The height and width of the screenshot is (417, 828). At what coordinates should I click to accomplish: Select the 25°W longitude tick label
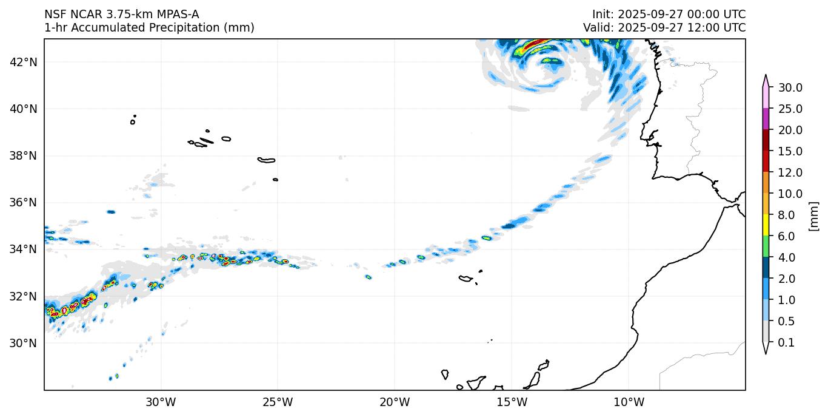pos(278,402)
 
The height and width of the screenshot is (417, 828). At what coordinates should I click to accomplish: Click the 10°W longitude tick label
pos(629,402)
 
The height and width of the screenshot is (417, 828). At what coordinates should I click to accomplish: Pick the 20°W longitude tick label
pos(395,402)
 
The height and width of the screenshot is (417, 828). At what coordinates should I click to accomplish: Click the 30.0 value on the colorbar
pos(790,88)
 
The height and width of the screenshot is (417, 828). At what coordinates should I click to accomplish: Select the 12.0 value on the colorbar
pos(790,173)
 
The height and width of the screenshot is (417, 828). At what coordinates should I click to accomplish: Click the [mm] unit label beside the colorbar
pos(813,216)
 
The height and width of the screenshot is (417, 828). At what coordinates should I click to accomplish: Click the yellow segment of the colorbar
pos(766,226)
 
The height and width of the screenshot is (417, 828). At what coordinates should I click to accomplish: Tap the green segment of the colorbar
pos(766,247)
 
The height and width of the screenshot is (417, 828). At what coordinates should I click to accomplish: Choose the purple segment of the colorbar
pos(766,119)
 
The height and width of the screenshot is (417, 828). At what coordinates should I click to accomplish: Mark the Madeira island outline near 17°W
pos(466,279)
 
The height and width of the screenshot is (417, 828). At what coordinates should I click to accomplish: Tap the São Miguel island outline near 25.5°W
pos(266,160)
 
